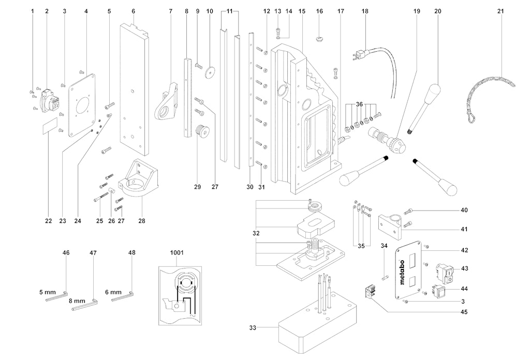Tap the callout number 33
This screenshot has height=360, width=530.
pos(253,327)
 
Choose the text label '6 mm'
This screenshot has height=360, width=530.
pos(113,292)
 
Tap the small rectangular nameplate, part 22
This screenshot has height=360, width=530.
pos(49,125)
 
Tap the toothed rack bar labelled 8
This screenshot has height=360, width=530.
pos(188,98)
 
